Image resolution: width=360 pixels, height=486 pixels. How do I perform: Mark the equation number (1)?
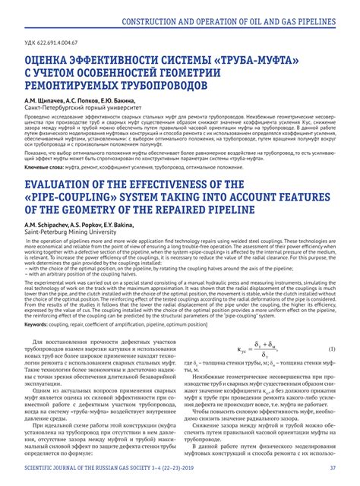(x=331, y=349)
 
